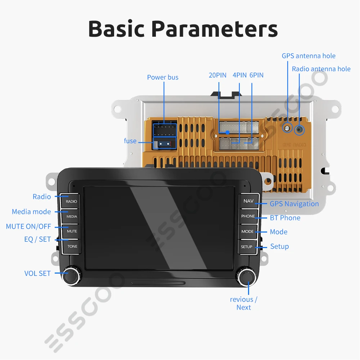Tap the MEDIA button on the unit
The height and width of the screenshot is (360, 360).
click(71, 216)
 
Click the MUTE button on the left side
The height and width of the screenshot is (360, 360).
click(72, 231)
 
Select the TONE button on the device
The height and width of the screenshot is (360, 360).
click(72, 246)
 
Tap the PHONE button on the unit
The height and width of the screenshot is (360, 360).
click(248, 216)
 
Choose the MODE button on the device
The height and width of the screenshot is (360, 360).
click(247, 231)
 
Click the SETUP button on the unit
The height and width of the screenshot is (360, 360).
click(247, 247)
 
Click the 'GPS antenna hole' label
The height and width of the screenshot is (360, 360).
click(309, 56)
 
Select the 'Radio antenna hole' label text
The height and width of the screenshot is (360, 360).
click(321, 69)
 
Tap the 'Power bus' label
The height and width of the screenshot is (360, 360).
click(162, 77)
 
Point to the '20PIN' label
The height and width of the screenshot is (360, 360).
click(217, 75)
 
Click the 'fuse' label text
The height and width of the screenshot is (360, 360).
click(130, 141)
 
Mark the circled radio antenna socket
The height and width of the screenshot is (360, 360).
click(299, 130)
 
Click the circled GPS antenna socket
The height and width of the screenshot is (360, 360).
click(287, 127)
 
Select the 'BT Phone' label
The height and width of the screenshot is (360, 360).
click(285, 218)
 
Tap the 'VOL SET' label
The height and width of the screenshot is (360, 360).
click(37, 273)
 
